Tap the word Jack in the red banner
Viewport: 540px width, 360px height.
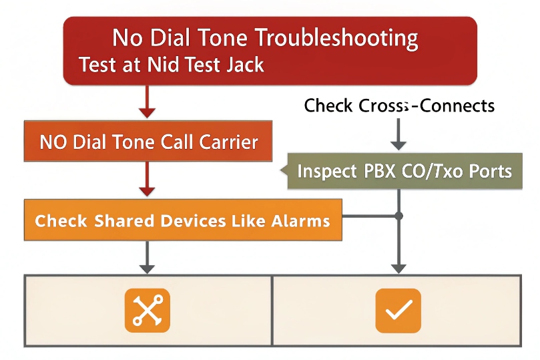(242, 65)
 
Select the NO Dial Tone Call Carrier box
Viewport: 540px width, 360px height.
(148, 142)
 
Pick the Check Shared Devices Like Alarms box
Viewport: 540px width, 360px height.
(182, 220)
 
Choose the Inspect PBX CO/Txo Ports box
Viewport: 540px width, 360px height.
(403, 171)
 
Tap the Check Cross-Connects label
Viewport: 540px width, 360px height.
(399, 106)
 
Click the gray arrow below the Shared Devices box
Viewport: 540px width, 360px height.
(148, 257)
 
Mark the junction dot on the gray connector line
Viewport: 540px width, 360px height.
(399, 216)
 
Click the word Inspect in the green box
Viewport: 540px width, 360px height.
(326, 171)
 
